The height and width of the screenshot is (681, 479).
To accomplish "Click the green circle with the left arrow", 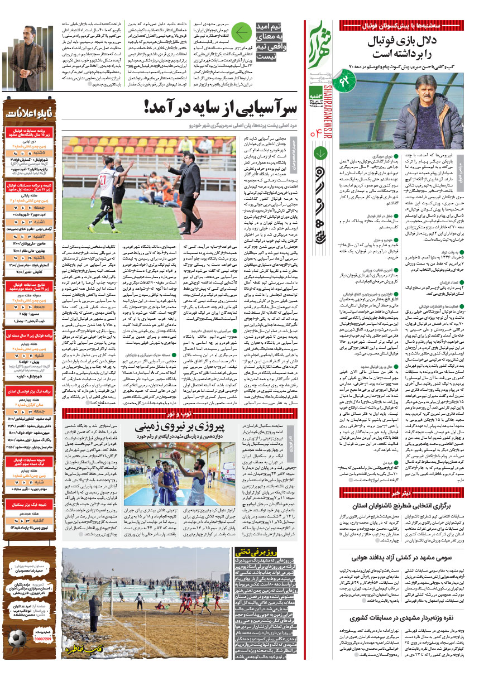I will click(241, 34).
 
